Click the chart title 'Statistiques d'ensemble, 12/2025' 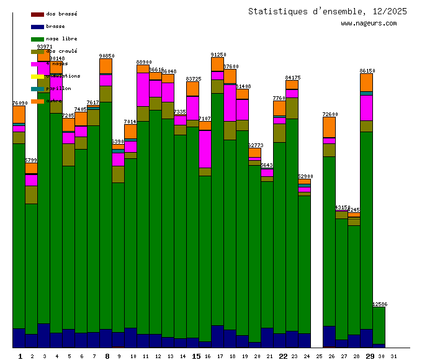327,11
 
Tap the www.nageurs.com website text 369,24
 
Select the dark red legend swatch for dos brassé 37,14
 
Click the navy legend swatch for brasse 37,27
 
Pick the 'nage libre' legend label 61,38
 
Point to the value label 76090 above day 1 20,103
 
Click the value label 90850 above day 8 107,56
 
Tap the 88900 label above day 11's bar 144,62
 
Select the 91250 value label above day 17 218,55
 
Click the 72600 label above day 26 330,114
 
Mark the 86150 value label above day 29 367,71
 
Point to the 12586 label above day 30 380,304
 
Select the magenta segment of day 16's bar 205,149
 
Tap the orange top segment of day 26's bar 329,127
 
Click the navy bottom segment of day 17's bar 217,336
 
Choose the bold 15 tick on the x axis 196,356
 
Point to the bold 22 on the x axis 282,356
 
